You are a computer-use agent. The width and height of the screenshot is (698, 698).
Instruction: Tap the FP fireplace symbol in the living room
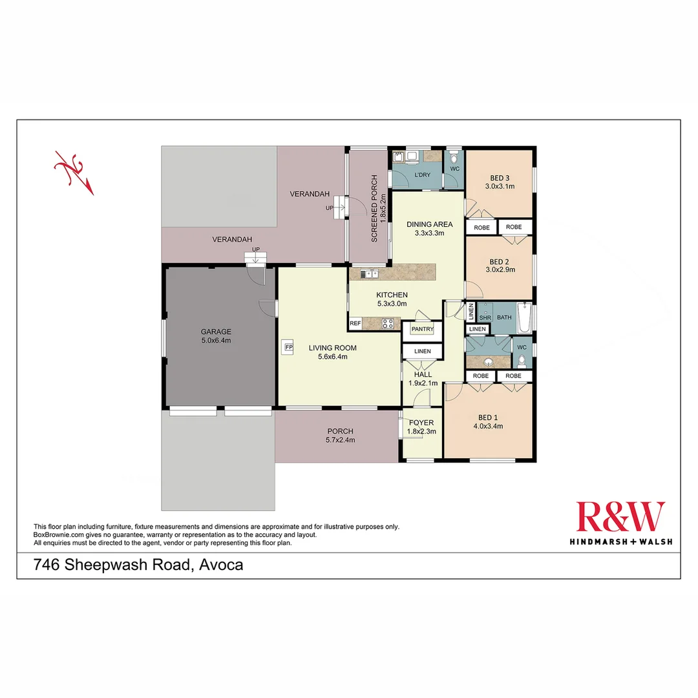tap(288, 346)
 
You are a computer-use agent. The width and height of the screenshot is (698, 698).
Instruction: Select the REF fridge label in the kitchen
tap(355, 323)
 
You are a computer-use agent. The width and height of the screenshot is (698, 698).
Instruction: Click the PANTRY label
tap(422, 330)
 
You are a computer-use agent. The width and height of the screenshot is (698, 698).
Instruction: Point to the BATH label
tap(504, 317)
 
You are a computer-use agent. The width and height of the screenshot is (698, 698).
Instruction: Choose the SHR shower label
tap(485, 317)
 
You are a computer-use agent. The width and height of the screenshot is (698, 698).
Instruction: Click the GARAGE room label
tap(216, 332)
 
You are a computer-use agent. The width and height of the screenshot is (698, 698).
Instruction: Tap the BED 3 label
tap(500, 178)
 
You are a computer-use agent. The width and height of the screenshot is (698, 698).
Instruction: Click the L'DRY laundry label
tap(422, 175)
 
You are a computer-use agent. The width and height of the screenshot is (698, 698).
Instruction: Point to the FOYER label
tap(421, 423)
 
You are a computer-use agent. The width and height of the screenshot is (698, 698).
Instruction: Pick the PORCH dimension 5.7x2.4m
tap(340, 440)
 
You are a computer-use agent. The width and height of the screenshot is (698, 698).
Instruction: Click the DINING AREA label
tap(429, 224)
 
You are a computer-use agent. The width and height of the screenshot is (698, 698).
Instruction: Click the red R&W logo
tap(620, 517)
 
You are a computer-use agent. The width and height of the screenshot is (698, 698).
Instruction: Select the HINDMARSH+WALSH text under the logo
tap(620, 541)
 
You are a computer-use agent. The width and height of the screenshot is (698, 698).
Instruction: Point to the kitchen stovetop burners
tap(388, 324)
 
